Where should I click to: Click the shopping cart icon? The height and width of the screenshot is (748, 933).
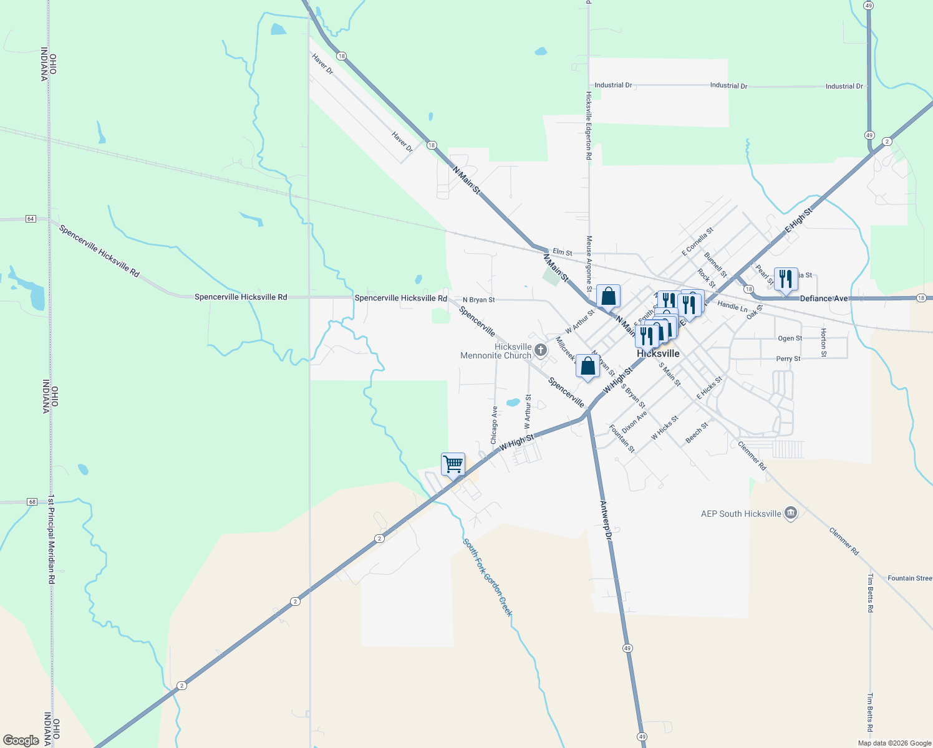coord(453,464)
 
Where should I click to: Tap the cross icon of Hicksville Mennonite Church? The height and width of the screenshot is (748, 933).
coord(541,350)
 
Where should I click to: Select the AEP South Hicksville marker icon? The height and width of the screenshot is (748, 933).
coord(791,513)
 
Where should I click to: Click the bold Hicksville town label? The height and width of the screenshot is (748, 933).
coord(658,353)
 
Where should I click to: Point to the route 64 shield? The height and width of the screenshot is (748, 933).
coord(31,219)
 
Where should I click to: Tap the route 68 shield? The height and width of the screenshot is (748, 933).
coord(32,502)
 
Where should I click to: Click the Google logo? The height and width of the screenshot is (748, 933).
coord(21,741)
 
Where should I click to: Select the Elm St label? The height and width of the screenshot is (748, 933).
coord(562,252)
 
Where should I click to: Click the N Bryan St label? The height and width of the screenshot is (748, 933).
coord(478,300)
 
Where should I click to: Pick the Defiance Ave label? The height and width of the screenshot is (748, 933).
coord(823,299)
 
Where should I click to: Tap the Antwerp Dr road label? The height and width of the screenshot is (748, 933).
coord(606,519)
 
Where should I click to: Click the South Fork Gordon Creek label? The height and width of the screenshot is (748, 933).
coord(488,577)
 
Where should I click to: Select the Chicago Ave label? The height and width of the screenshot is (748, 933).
coord(494,425)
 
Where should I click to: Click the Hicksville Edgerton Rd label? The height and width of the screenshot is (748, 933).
coord(588,125)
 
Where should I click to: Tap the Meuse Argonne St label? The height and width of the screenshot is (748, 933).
coord(589,262)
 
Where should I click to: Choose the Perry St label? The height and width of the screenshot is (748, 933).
coord(788,359)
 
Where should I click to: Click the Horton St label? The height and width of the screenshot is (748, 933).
coord(823,342)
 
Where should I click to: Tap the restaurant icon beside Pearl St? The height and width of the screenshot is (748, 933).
coord(786,279)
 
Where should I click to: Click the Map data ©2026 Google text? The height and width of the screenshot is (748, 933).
coord(894,743)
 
